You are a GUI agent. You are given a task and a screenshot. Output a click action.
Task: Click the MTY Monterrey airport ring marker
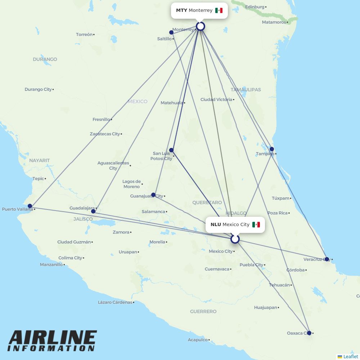[x=201, y=26]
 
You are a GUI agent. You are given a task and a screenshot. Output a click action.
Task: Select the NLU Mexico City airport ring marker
[x=235, y=239]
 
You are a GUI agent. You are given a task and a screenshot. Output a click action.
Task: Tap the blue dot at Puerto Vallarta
[x=30, y=206]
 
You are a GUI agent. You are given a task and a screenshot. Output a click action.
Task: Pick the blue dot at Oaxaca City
[x=309, y=333]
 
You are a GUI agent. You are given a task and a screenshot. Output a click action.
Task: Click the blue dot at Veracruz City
[x=327, y=259]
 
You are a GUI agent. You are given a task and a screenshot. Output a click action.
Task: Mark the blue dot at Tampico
[x=272, y=149]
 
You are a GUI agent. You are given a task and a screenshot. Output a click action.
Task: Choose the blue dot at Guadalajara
[x=93, y=211]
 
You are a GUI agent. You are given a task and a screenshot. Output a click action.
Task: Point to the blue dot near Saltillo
[x=171, y=32]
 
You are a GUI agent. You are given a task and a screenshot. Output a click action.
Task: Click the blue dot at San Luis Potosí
[x=171, y=150]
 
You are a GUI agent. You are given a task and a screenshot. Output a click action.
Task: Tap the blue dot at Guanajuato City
[x=153, y=195]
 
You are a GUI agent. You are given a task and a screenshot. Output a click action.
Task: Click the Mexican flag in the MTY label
[x=219, y=10]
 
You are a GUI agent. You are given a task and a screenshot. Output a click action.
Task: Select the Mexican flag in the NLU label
[x=256, y=225]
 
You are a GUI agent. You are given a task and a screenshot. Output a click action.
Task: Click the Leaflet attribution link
[x=350, y=356]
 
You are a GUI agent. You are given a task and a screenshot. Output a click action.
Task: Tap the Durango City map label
[x=38, y=89]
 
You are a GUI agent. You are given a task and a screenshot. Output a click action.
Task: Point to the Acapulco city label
[x=198, y=339]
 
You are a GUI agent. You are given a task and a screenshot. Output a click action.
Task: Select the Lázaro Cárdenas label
[x=115, y=302]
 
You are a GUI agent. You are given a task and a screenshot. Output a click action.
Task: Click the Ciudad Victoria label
[x=216, y=99]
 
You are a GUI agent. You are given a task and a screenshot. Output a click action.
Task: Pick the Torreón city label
[x=84, y=35]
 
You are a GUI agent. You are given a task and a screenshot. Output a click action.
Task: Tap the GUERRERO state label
[x=203, y=311]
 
